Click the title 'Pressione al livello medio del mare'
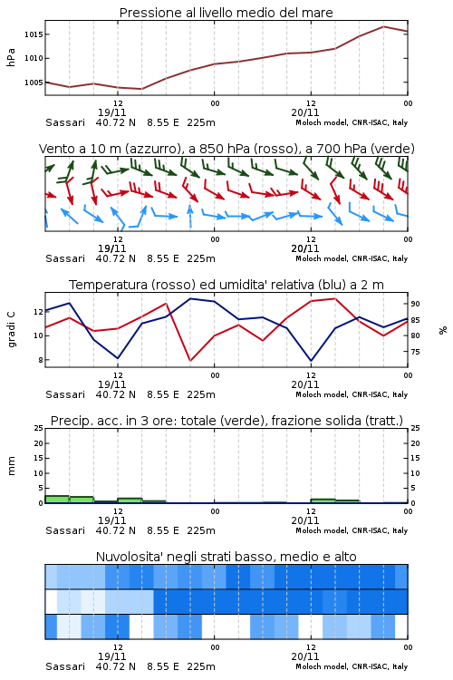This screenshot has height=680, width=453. pos(226,13)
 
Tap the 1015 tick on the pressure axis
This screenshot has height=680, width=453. pos(34,34)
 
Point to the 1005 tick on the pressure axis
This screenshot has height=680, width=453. pos(34,83)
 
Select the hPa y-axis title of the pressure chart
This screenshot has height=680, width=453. pos(11,57)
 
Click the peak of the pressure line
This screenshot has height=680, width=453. pos(383,26)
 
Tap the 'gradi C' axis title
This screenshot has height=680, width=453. pos(12,330)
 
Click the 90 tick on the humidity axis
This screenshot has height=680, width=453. pos(415,304)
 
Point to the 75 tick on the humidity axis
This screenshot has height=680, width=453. pos(415,352)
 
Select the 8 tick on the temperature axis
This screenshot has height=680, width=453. pos(41,360)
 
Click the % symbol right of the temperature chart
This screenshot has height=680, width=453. pos(443,330)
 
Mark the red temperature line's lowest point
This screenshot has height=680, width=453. pos(190,360)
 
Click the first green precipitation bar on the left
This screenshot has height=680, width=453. pos(57,500)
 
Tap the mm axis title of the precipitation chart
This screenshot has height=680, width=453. pos(11,466)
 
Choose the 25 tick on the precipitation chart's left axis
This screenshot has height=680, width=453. pos(39,429)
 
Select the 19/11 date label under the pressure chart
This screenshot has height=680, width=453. pos(111,112)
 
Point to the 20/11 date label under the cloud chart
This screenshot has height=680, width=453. pos(305,656)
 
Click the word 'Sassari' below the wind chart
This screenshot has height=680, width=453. pos(65,258)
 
